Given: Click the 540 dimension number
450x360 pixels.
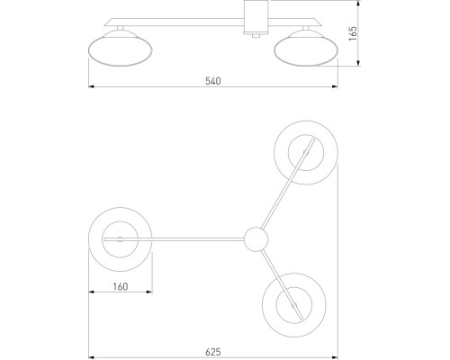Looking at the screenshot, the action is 213,81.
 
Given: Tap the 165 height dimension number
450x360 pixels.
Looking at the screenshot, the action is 353,33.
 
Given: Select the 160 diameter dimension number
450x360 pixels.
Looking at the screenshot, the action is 121,286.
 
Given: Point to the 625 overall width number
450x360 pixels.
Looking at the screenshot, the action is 213,352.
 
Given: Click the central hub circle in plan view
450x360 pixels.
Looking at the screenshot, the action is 256,239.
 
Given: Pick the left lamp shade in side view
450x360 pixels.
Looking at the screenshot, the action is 121,48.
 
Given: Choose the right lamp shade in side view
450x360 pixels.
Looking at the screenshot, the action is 306,48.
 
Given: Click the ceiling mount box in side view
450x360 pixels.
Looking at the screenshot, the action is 256,16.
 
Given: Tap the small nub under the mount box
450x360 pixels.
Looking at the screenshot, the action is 256,35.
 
